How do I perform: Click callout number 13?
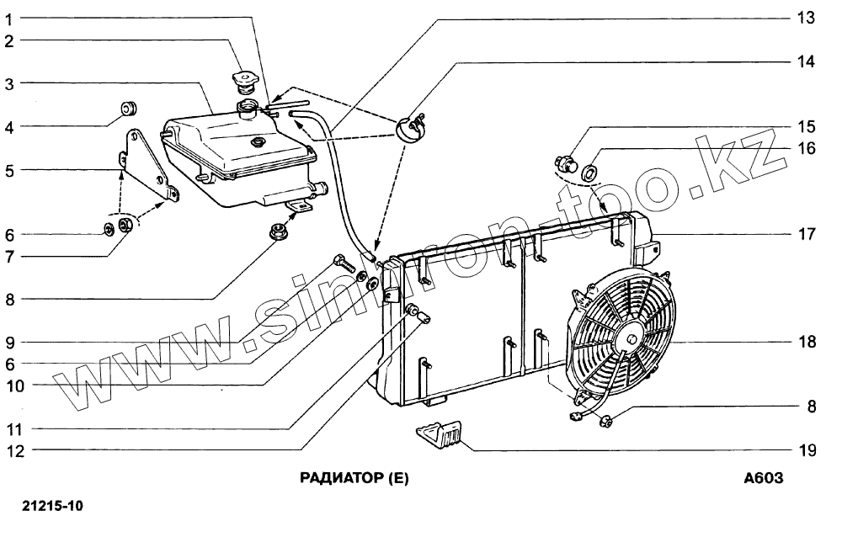(x=807, y=18)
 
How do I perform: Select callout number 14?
(x=807, y=61)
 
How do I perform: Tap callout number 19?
(x=807, y=450)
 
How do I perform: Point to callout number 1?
(x=8, y=18)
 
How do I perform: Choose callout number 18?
(x=807, y=343)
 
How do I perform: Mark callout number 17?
(x=807, y=234)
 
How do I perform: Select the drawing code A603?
(x=764, y=479)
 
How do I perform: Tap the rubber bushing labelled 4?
(x=129, y=109)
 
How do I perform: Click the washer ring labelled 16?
(x=591, y=172)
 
